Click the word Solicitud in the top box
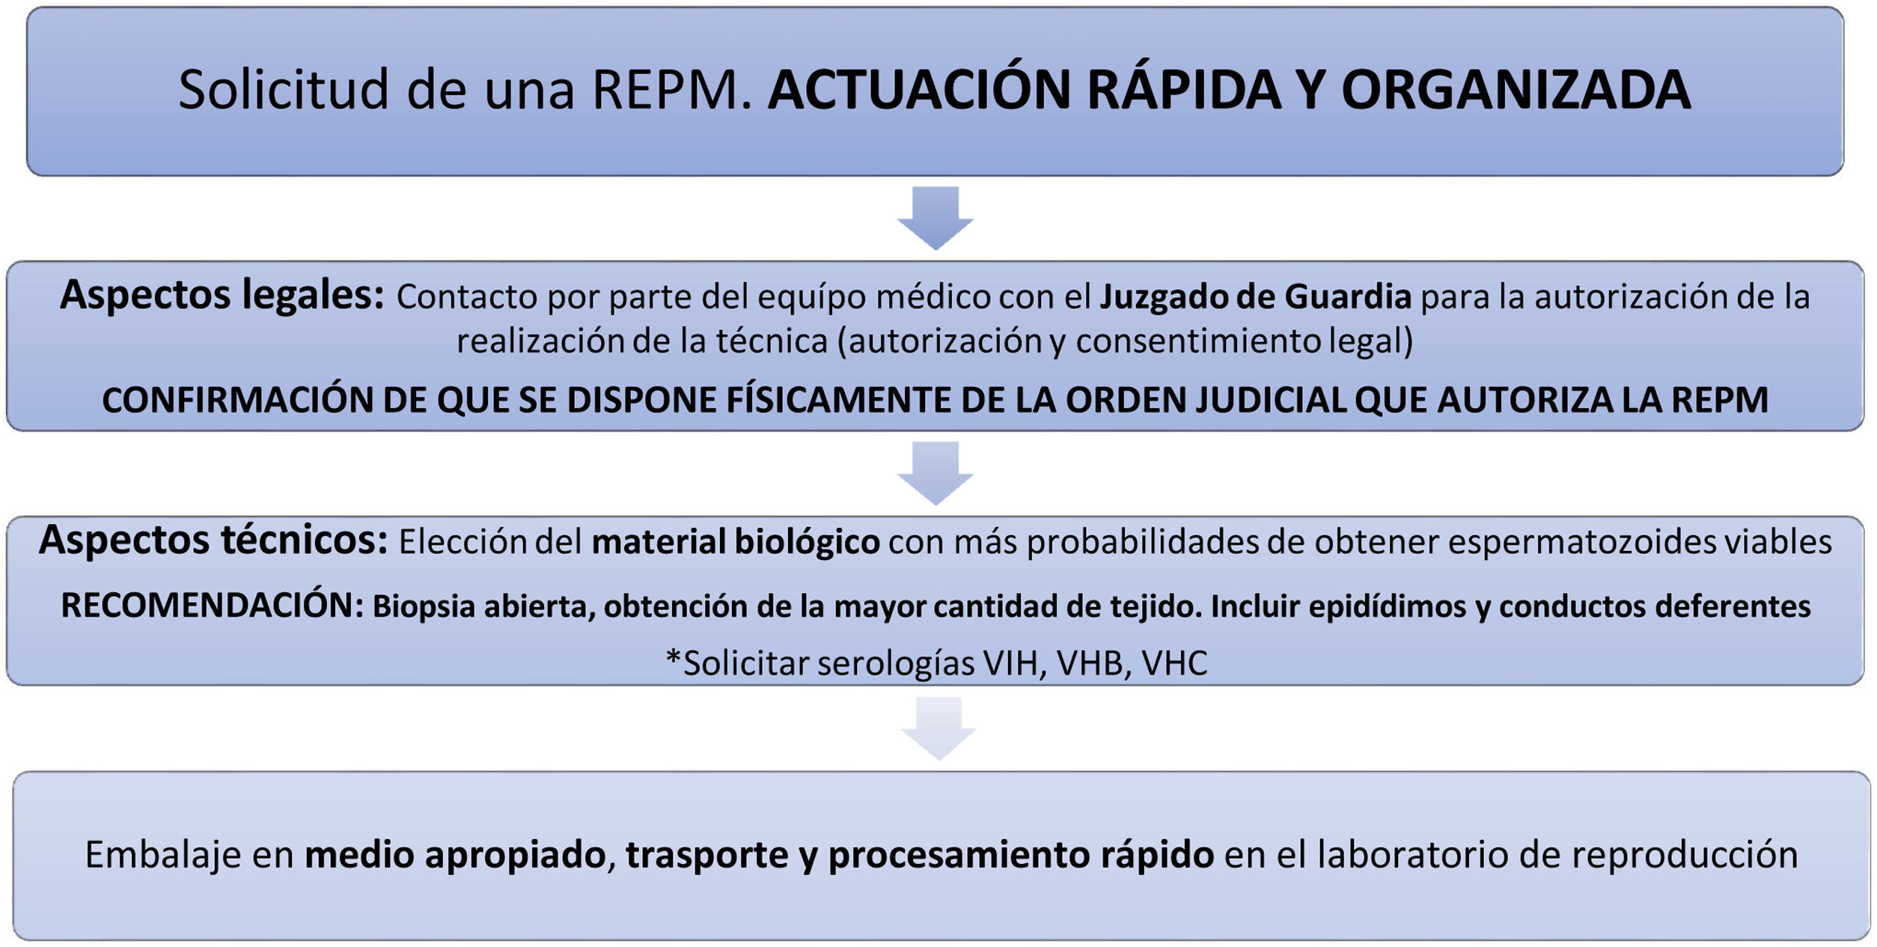point(284,90)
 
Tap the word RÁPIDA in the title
point(1183,90)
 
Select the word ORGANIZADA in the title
point(1516,90)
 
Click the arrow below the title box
point(936,217)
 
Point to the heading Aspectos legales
point(222,295)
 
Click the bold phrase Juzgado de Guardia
point(1255,296)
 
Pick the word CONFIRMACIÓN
point(237,400)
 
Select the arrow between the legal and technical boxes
point(936,472)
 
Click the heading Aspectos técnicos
point(213,540)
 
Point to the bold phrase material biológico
point(735,542)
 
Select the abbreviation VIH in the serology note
point(1014,663)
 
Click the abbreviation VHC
point(1174,663)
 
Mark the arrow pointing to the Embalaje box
point(938,728)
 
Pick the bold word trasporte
point(706,855)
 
